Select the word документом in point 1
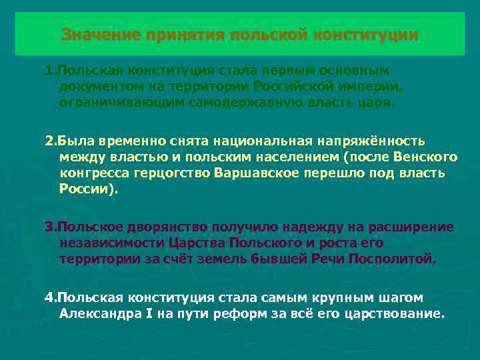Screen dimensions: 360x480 point(97,86)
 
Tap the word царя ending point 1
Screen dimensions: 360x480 point(377,103)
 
